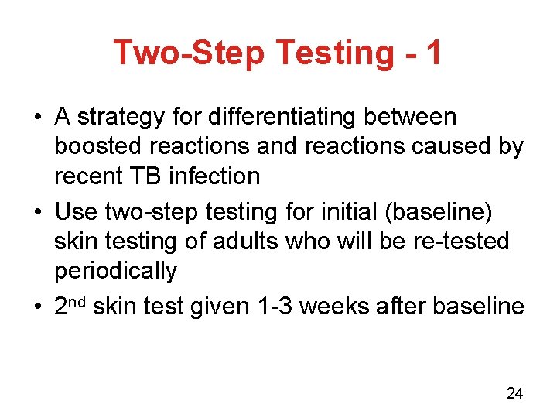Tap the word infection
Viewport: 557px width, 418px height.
coord(215,176)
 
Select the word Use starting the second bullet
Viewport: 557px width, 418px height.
coord(75,212)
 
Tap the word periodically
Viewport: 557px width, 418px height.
coord(115,271)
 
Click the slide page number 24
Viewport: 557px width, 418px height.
coord(514,394)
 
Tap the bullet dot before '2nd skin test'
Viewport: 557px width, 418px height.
coord(38,307)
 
